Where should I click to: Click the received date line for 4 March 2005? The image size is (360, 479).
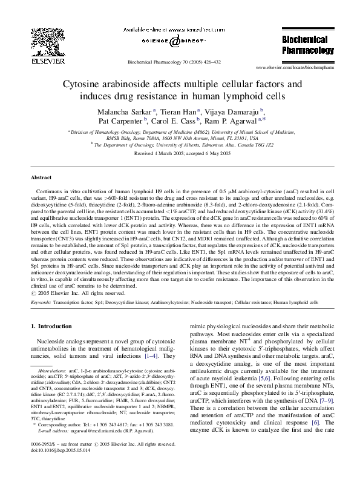[x=180, y=154]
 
